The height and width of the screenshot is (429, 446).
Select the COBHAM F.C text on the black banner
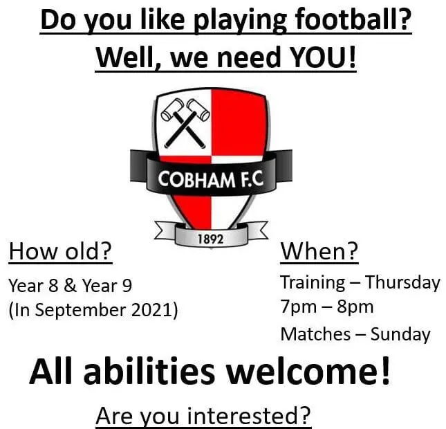(x=210, y=181)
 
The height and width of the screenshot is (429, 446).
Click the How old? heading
(x=59, y=252)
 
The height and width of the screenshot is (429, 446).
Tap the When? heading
(x=319, y=252)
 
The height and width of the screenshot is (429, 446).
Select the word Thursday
(x=402, y=282)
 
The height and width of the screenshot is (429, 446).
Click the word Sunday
(x=400, y=334)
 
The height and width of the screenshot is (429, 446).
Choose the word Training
(x=313, y=282)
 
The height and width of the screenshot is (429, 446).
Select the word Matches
(x=315, y=334)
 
